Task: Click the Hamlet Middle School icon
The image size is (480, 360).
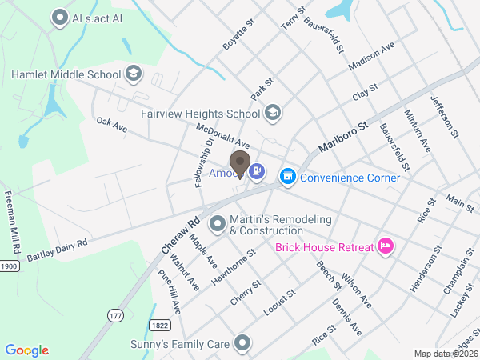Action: tap(134, 74)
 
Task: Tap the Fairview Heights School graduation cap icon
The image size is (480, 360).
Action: tap(273, 113)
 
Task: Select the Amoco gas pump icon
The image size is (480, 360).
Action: tap(257, 170)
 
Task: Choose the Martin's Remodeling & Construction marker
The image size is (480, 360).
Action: tap(217, 222)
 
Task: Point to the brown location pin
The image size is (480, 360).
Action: tap(238, 163)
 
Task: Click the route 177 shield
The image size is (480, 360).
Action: tap(115, 317)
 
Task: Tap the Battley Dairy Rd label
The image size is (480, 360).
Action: tap(56, 250)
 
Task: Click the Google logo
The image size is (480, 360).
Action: tap(27, 350)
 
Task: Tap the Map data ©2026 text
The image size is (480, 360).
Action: tap(444, 354)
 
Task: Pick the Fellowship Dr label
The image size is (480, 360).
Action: tap(203, 163)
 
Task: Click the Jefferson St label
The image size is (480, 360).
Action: tap(446, 118)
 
